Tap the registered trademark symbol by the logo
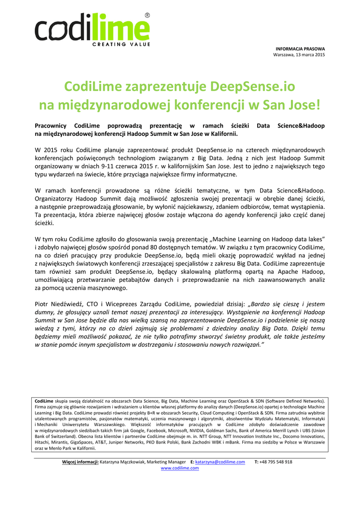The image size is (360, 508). pyautogui.click(x=147, y=16)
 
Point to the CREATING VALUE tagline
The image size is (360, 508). pyautogui.click(x=121, y=45)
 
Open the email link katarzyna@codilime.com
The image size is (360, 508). pyautogui.click(x=220, y=462)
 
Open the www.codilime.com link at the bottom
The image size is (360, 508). pyautogui.click(x=180, y=468)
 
